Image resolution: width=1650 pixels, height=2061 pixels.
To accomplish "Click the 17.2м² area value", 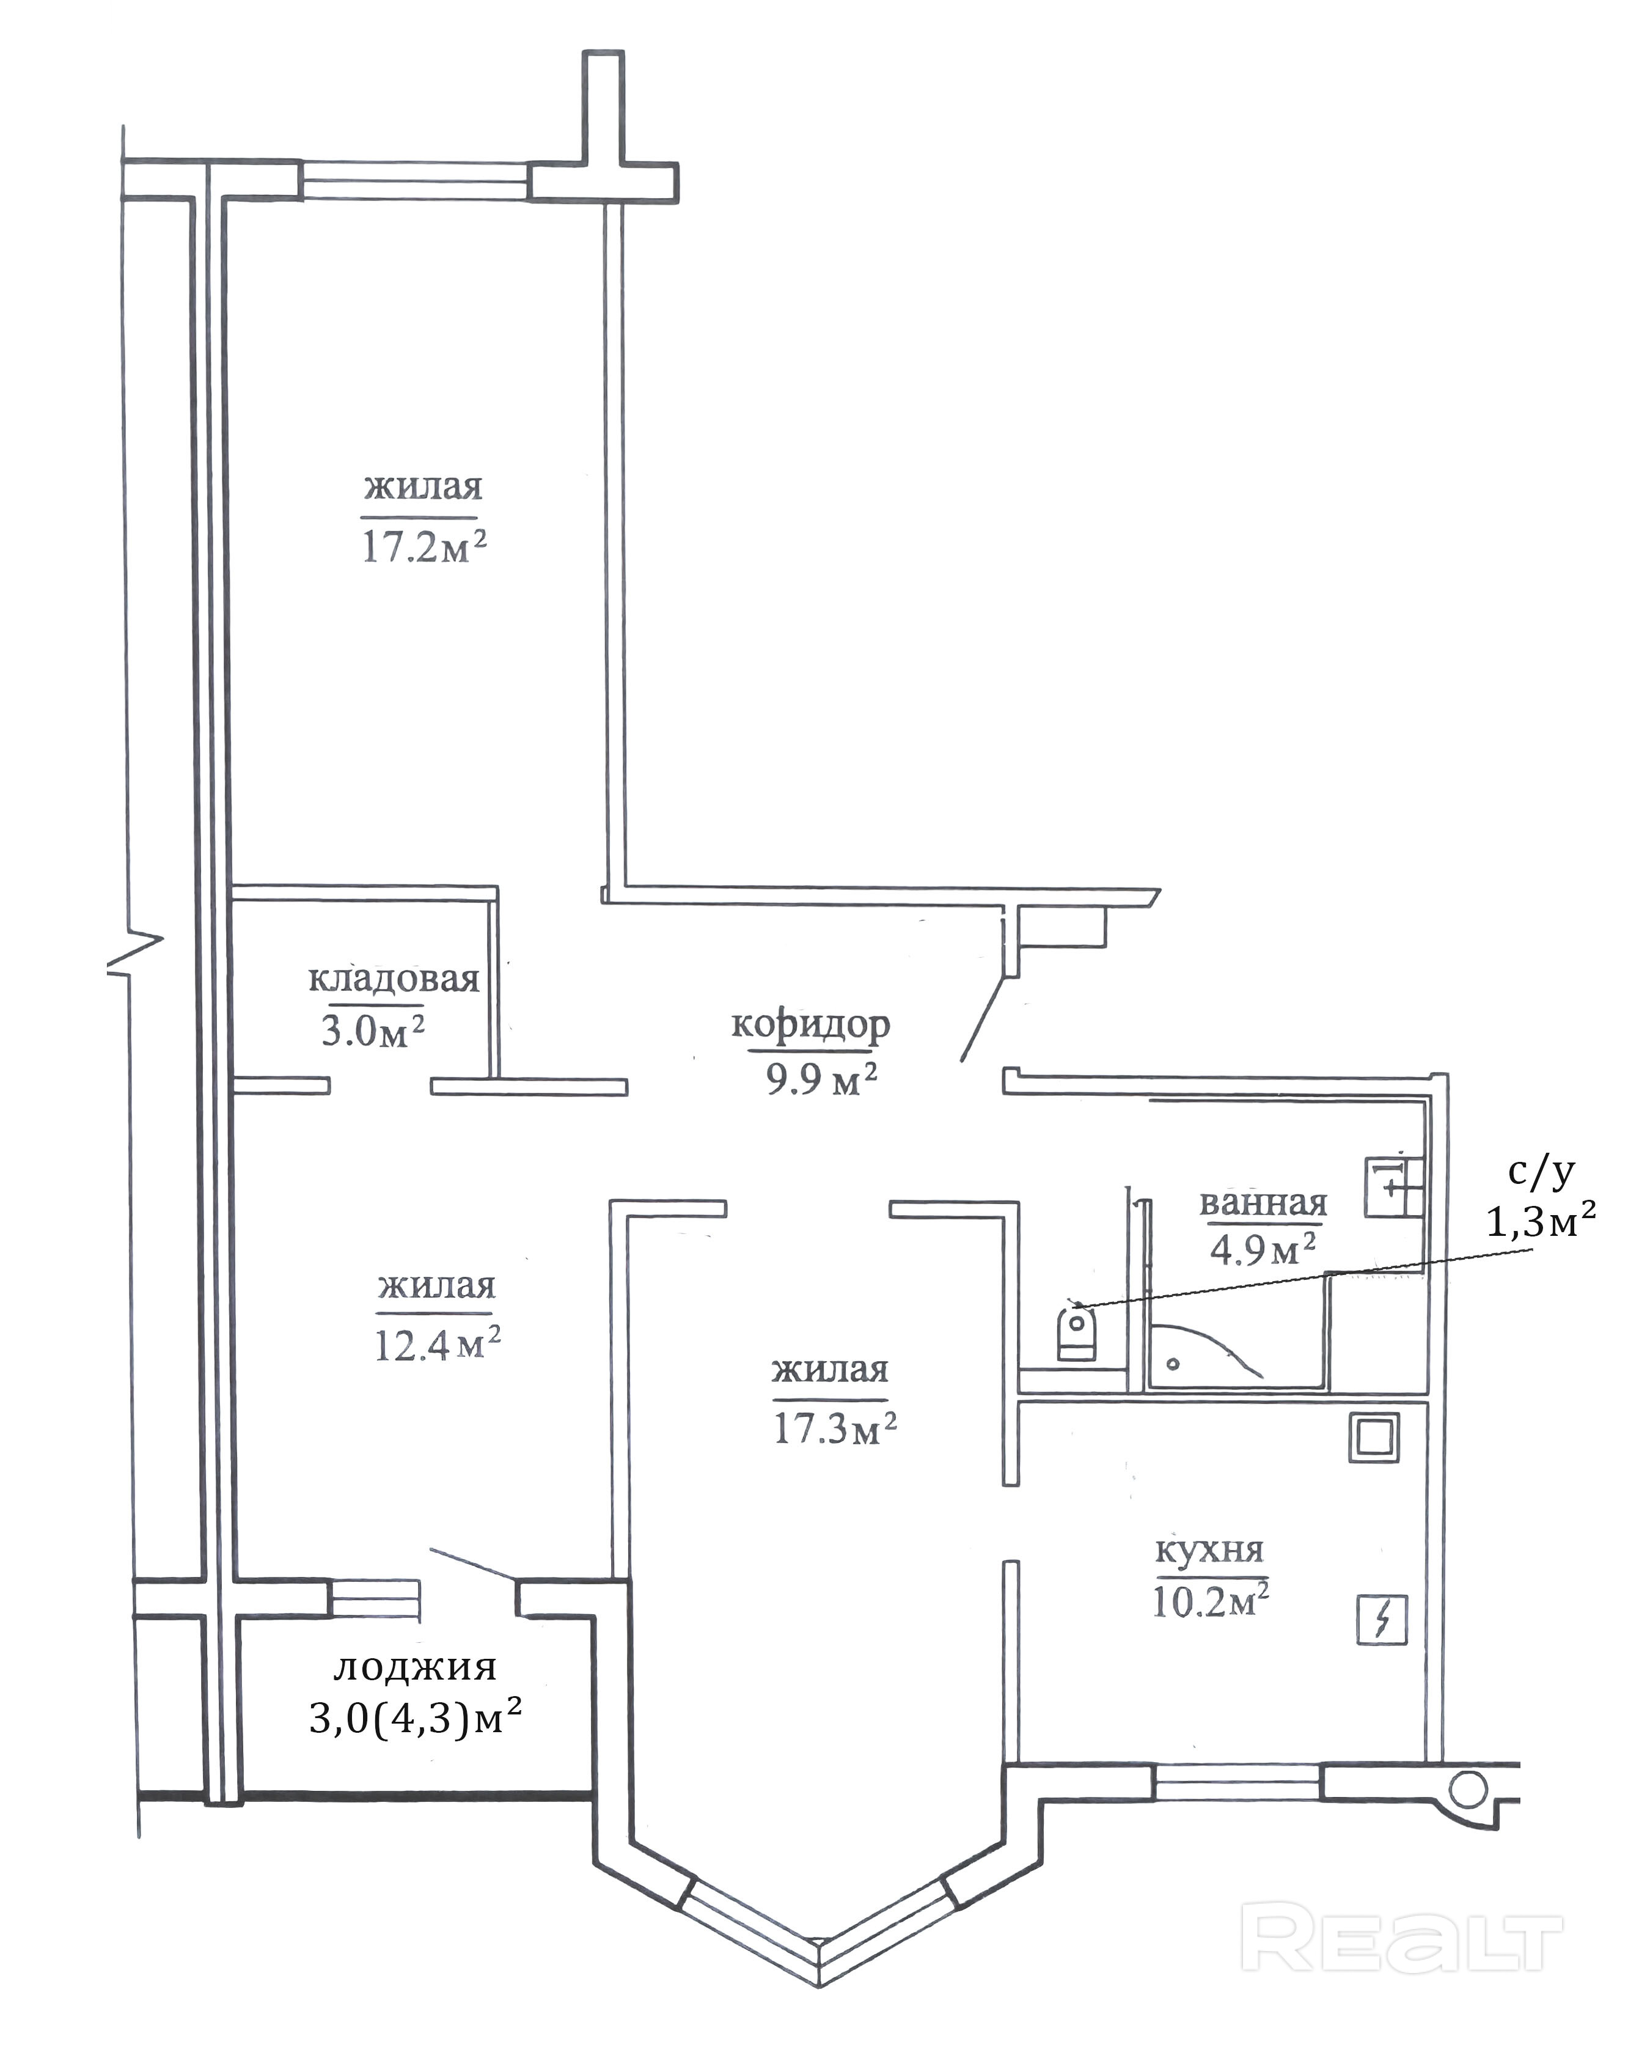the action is pos(425,547).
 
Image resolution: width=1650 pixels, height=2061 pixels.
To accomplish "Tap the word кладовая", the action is pos(393,979).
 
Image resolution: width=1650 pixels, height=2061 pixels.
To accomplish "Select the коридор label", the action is pos(811,1026).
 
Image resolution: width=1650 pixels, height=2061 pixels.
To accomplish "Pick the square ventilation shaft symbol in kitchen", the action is pos(1374,1438).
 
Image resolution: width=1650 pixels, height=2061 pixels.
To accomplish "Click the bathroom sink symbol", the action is pos(1394,1186).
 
